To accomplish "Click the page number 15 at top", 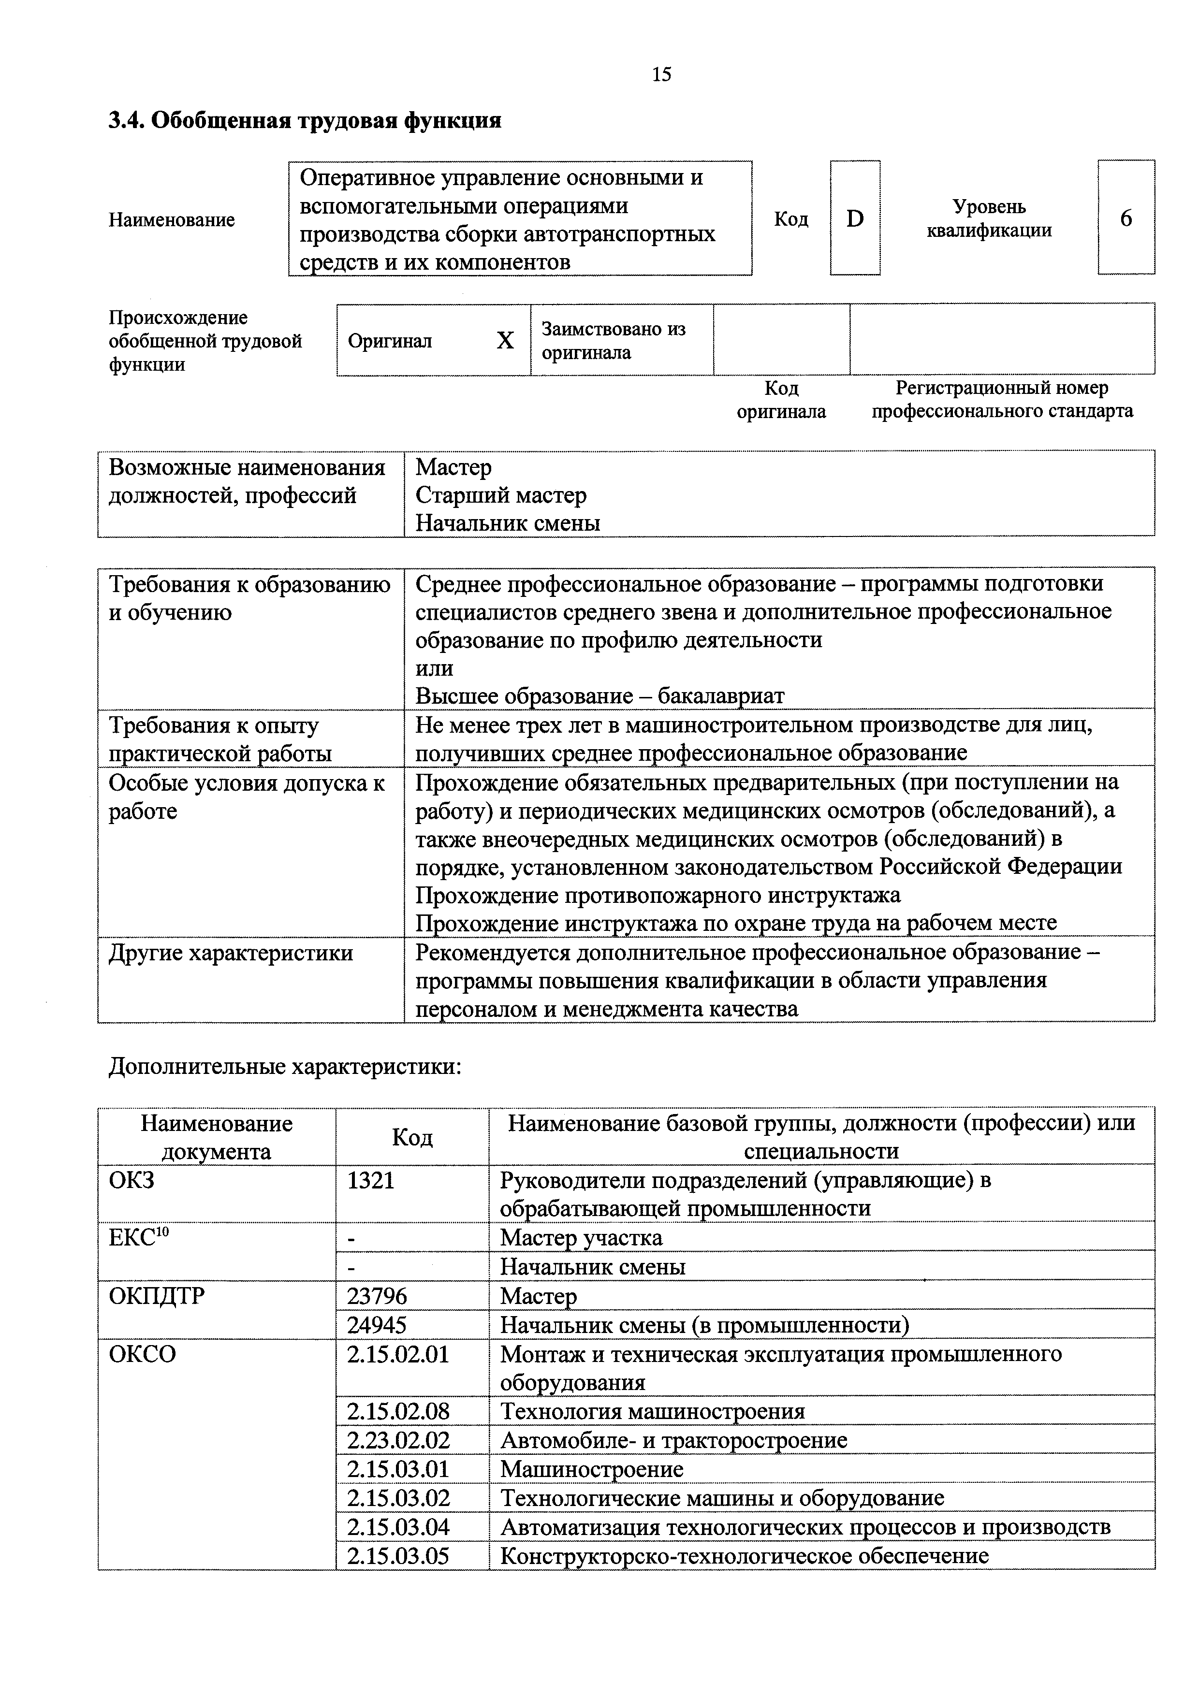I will pos(661,74).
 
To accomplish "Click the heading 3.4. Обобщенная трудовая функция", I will pos(305,120).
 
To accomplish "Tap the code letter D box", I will pos(854,218).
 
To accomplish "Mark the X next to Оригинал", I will pos(505,340).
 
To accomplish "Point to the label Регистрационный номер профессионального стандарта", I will pos(1002,399).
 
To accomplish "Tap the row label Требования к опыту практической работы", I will pos(220,739).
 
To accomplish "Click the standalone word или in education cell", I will pos(434,668).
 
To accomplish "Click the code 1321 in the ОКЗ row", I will pos(371,1180).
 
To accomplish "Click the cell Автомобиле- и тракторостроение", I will pos(673,1440).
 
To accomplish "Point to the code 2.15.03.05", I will pos(398,1556).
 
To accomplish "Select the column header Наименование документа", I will pos(216,1138).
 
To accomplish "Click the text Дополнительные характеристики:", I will pos(285,1067).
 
